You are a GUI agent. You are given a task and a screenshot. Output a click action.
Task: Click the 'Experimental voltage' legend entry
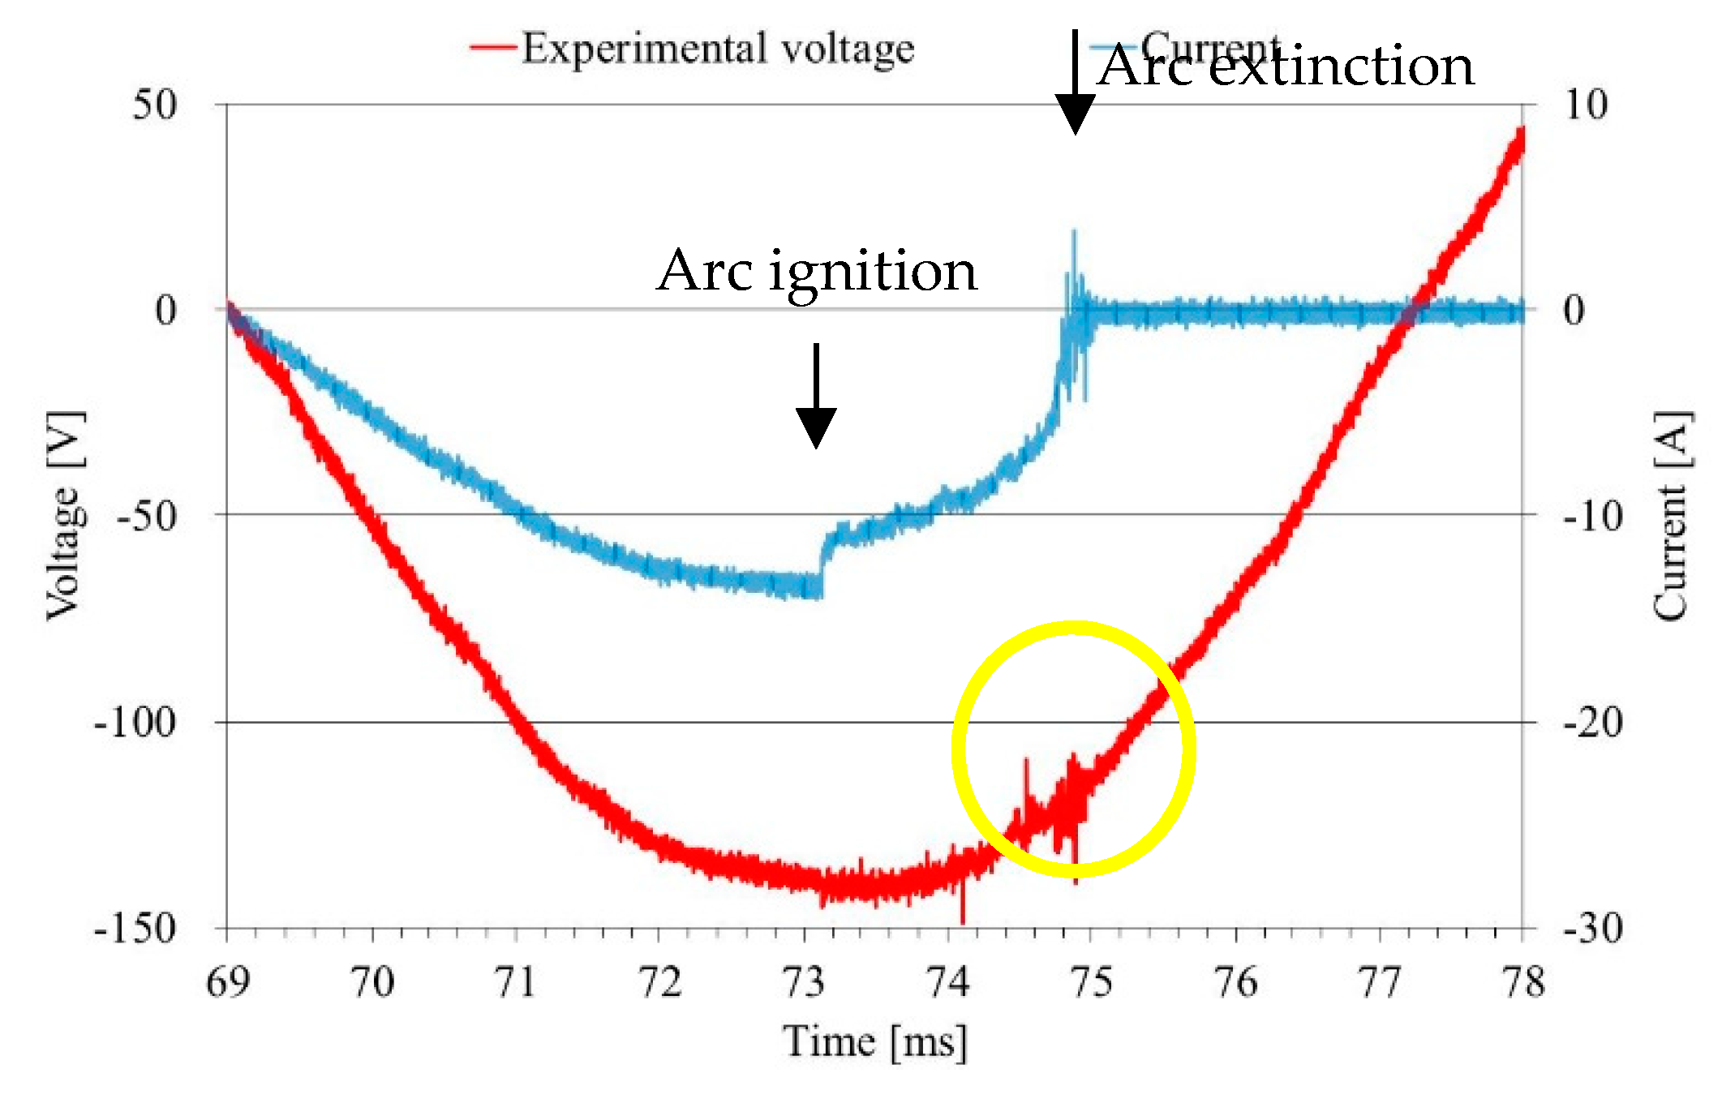tap(717, 49)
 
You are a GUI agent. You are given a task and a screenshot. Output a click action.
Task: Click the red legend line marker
tap(493, 48)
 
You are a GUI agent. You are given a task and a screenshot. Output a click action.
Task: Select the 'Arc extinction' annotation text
tap(1286, 67)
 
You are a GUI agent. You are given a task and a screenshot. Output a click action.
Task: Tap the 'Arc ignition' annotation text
tap(817, 271)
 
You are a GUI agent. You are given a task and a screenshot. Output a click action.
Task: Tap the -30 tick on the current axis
tap(1592, 928)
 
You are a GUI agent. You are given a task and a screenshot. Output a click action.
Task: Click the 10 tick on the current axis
tap(1586, 105)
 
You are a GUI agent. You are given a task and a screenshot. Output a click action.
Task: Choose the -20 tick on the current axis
tap(1592, 722)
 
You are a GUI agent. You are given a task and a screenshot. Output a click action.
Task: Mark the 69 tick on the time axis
tap(228, 982)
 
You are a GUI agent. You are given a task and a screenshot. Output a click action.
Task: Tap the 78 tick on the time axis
tap(1522, 982)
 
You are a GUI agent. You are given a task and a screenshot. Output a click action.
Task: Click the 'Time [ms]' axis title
tap(875, 1041)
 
